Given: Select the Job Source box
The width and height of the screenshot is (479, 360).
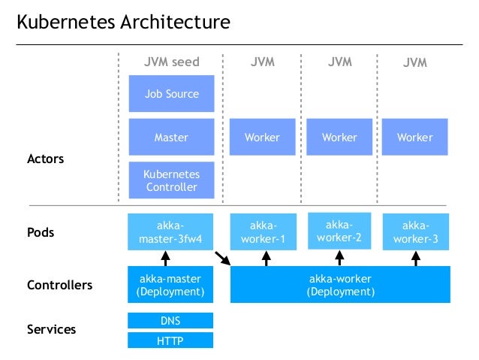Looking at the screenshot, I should coord(171,94).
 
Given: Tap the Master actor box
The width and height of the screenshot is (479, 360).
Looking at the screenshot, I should coord(171,138).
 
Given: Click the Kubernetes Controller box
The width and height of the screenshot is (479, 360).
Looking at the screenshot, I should coord(171,180).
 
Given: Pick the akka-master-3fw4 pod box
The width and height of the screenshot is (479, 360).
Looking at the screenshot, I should coord(171,232).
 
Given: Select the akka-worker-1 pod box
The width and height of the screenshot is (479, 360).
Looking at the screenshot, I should coord(262,232).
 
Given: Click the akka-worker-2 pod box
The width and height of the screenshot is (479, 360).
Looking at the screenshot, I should coord(339,231).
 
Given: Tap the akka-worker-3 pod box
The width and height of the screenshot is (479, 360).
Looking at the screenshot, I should coord(415,231).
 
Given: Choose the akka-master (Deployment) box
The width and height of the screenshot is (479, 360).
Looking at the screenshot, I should coord(171,284).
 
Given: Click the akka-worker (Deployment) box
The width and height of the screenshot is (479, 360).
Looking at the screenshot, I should coord(339,284).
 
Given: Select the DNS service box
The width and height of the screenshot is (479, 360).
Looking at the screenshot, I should coord(171,321).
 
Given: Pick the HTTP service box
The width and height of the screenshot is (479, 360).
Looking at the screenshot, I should coord(171,340).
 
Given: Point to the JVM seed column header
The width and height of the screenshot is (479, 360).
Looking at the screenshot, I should coord(171,62).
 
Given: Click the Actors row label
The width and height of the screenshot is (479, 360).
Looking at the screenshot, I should coord(46,159).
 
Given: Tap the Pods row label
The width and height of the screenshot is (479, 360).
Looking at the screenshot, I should coord(41,232).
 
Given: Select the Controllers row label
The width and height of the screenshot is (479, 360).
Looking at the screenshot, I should coord(59,285).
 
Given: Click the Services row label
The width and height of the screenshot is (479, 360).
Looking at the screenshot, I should coord(51,329).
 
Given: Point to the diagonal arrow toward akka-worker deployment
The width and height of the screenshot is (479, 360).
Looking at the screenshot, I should coord(222,259).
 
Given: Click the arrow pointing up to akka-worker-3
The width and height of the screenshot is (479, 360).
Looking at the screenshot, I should coord(415,259).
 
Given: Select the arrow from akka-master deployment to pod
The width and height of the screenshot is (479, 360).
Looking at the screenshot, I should coord(171,259).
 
